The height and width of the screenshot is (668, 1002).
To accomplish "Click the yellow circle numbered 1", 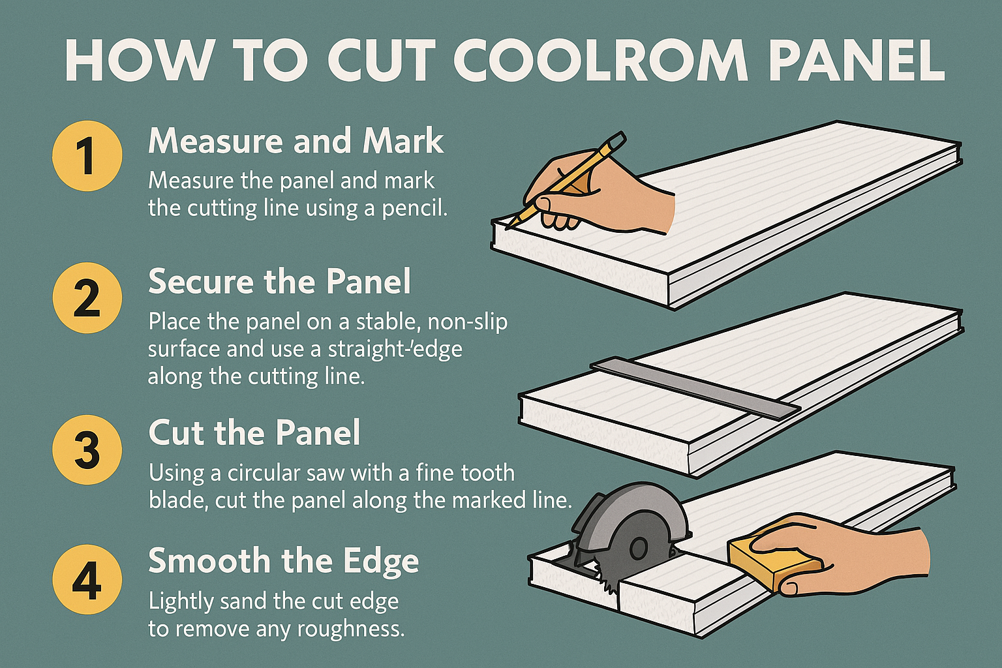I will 87,156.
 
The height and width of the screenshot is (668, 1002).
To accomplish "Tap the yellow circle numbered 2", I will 87,298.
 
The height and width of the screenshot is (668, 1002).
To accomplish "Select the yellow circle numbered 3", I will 87,449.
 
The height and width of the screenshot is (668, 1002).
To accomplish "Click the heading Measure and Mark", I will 296,141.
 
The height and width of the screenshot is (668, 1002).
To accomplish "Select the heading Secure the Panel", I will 279,282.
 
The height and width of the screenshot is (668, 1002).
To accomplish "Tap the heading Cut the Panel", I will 254,433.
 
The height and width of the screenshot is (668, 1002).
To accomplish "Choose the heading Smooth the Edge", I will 283,562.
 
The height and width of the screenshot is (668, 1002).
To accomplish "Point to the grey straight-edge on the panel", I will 695,387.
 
